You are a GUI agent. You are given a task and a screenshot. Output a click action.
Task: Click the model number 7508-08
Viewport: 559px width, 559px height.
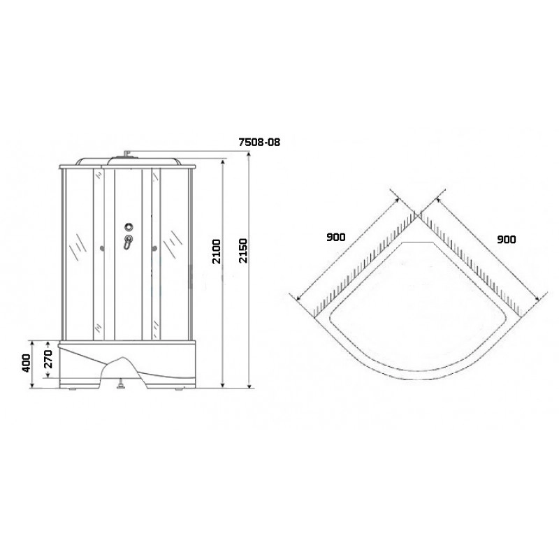[259, 143]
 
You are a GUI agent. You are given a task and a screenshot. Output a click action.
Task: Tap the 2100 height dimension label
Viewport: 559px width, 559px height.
[217, 252]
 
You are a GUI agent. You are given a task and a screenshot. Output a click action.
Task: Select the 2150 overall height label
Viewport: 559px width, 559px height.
[242, 251]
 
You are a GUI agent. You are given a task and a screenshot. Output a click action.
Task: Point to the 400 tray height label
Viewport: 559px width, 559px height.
[27, 363]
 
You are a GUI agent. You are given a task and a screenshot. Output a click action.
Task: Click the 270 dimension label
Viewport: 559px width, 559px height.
[48, 359]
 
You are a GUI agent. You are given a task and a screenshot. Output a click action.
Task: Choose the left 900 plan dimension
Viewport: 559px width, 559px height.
[336, 237]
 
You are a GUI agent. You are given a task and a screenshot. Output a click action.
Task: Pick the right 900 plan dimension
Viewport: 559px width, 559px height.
[506, 239]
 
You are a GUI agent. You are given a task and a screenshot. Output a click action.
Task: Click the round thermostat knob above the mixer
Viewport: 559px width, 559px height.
[129, 226]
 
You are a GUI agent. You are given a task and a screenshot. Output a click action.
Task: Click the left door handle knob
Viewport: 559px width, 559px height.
[103, 249]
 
